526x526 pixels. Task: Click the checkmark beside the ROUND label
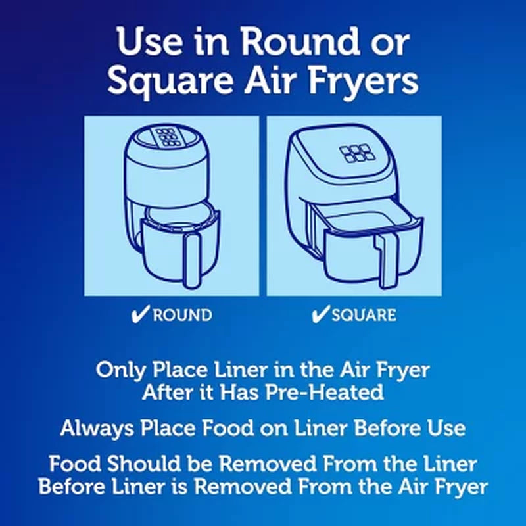[140, 314]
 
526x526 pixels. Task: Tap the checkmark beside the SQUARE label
[320, 314]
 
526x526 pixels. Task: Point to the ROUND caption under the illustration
[182, 315]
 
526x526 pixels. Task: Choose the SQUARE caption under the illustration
[364, 315]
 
